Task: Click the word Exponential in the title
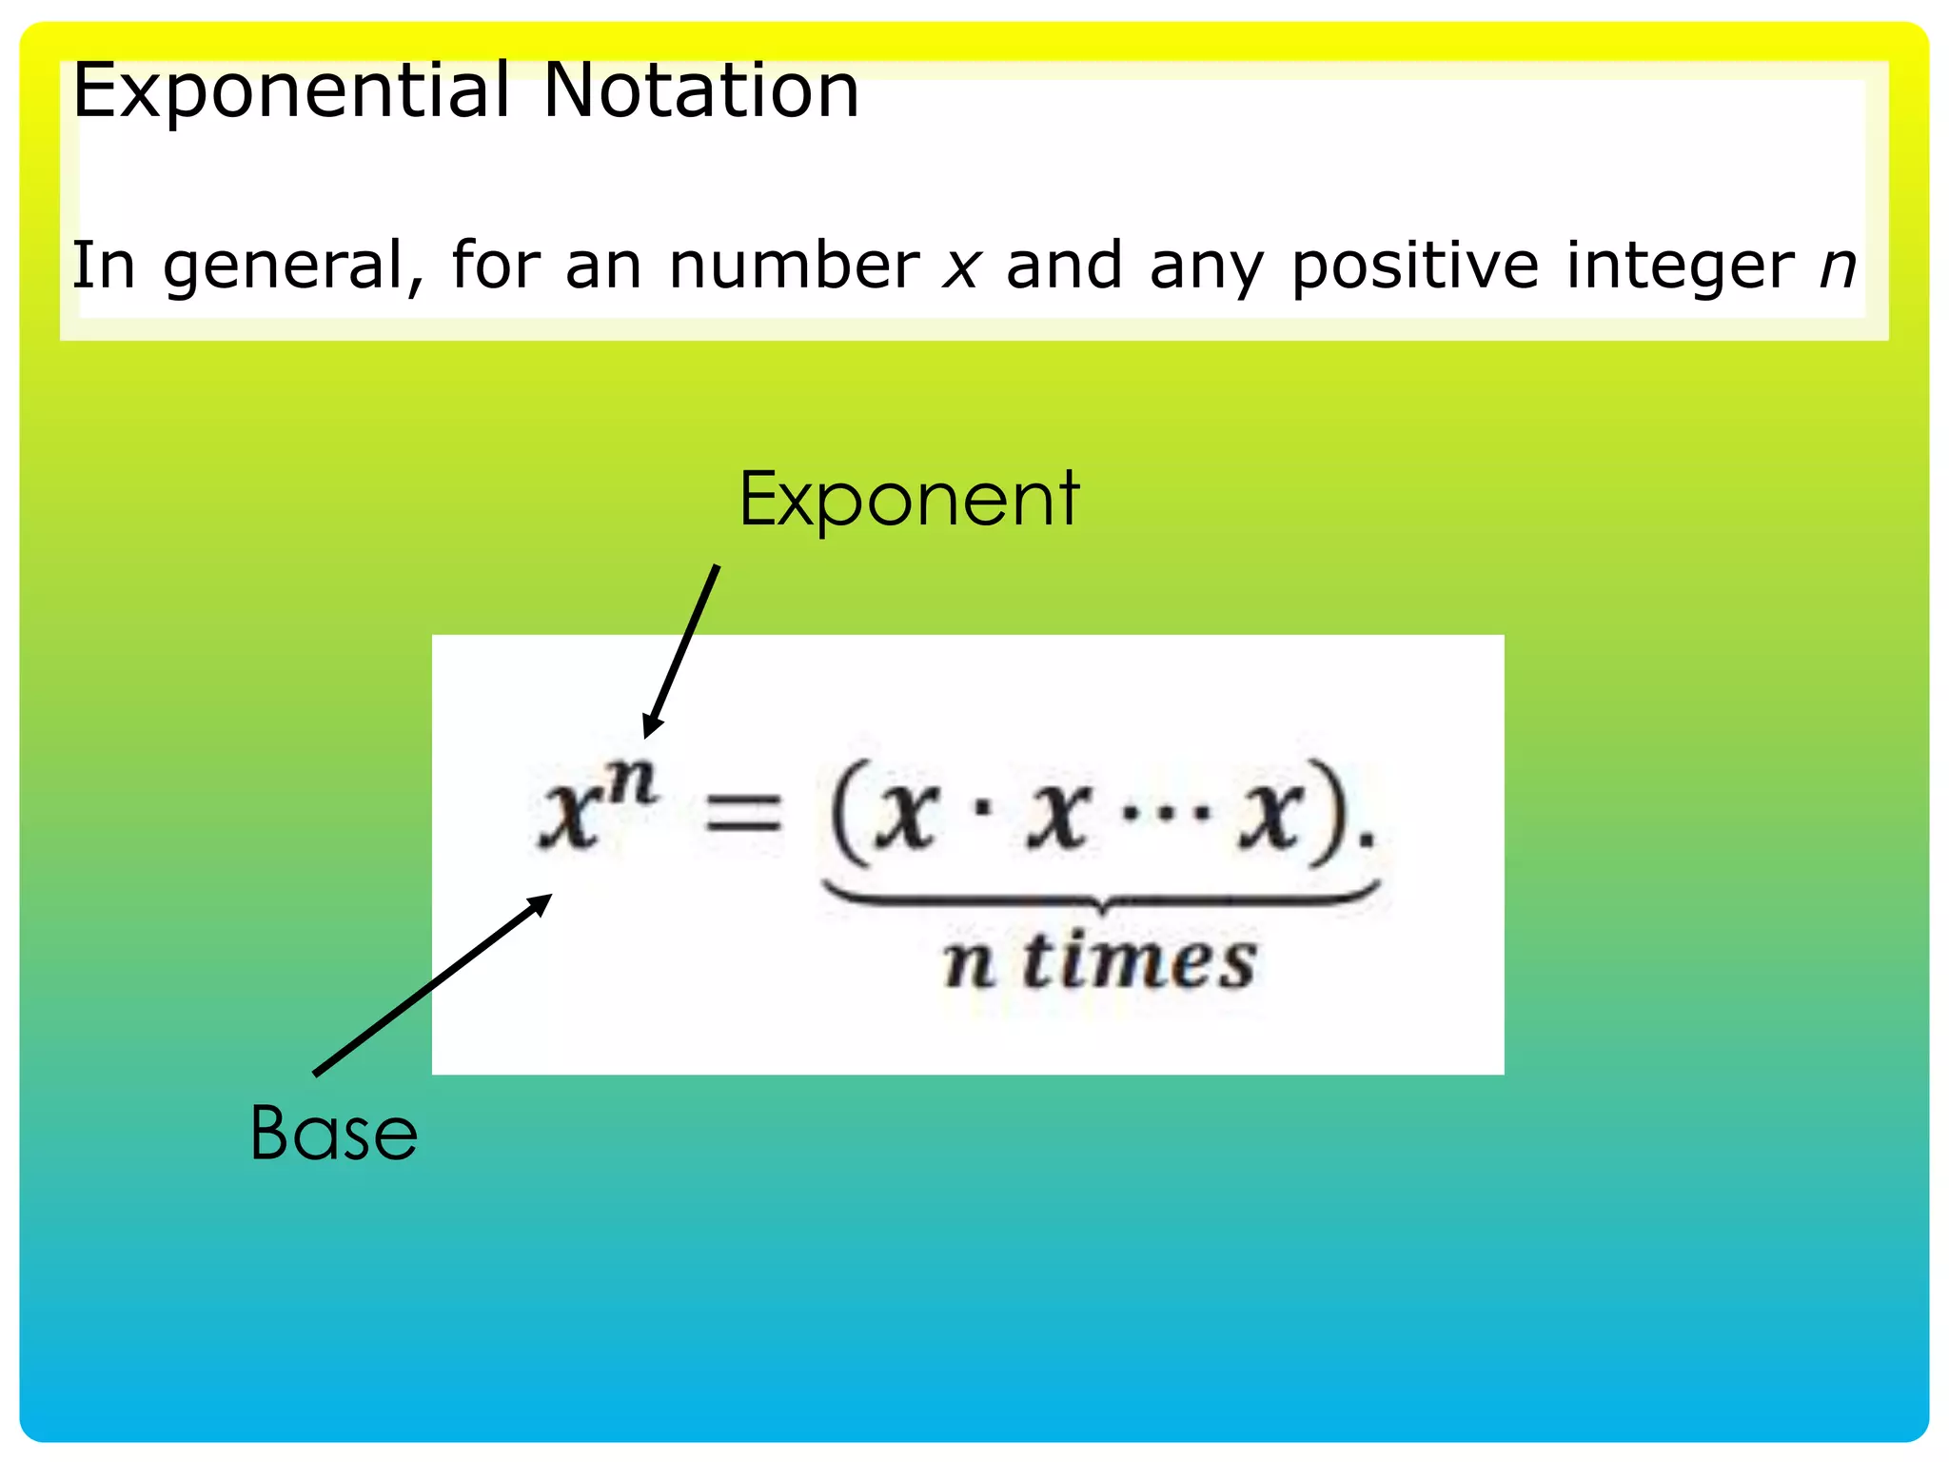291,91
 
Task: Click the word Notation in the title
701,91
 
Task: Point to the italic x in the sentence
961,268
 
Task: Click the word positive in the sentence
1414,267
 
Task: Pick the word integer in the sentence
1681,267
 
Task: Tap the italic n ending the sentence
1838,268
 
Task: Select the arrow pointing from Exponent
680,652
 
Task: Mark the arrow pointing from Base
433,985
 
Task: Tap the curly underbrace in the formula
1101,897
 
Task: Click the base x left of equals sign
569,819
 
